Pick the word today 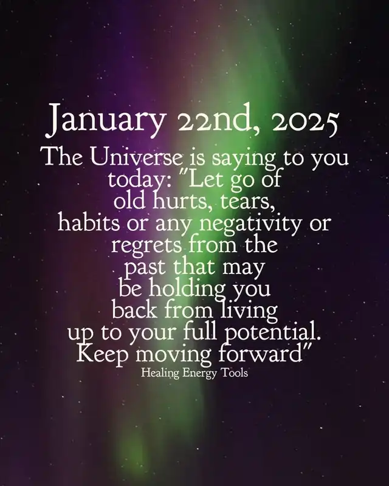[x=139, y=180]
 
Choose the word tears [x=247, y=201]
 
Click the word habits [x=89, y=222]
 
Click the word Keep [x=102, y=354]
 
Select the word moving [x=174, y=355]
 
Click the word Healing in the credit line [x=160, y=373]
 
